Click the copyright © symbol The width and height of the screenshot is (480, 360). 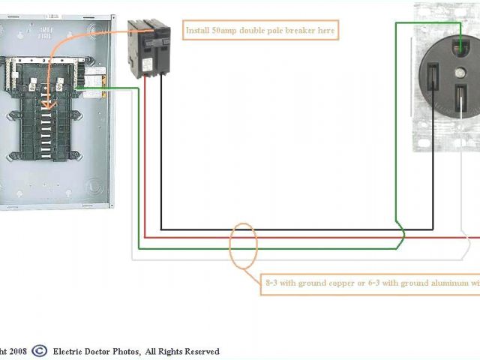click(x=39, y=350)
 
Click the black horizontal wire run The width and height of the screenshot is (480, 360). click(x=285, y=229)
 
